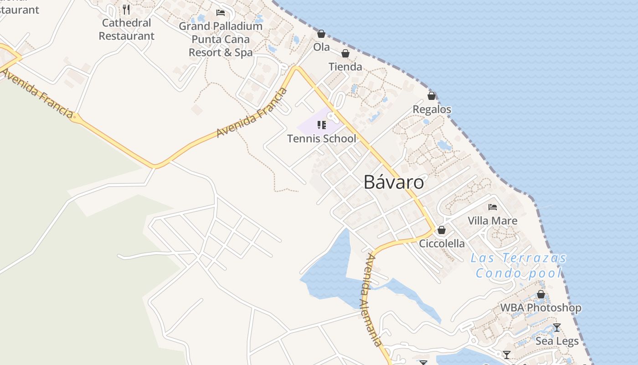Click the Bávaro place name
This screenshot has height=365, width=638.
(x=394, y=182)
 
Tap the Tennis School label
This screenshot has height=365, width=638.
(x=321, y=139)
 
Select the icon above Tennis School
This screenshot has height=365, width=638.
(x=322, y=125)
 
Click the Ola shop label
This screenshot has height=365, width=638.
(x=321, y=47)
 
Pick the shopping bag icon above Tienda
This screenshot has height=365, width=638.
(x=345, y=54)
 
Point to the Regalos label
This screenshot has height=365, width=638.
(x=432, y=109)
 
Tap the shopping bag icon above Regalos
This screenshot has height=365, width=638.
(x=431, y=96)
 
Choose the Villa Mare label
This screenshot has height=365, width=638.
(x=492, y=221)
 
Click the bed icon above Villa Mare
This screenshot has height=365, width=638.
(x=492, y=207)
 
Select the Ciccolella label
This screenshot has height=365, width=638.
(x=442, y=243)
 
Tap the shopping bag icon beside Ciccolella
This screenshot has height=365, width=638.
(x=441, y=230)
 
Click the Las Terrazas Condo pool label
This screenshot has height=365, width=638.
(x=519, y=266)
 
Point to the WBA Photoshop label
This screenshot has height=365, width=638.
(x=540, y=308)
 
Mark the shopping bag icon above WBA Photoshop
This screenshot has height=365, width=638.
(x=541, y=295)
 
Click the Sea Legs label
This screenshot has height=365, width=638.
(x=556, y=341)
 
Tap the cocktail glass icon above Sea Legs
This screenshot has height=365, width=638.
(x=556, y=328)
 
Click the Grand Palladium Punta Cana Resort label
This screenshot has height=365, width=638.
(x=221, y=39)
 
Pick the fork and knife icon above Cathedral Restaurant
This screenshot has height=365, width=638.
(x=126, y=9)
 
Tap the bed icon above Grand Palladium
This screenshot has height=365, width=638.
(x=221, y=12)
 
